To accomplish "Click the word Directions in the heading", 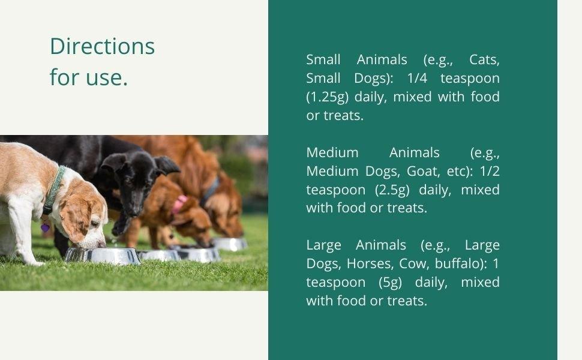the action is pos(102,46).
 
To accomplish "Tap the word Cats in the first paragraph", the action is pos(484,60).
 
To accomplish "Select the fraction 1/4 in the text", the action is pos(417,79).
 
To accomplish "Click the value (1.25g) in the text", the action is pos(328,97).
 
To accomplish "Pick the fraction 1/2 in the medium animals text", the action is pos(490,171).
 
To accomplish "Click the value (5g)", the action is pos(390,283).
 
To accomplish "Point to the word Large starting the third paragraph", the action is pos(323,245).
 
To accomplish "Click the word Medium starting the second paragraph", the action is pos(332,152).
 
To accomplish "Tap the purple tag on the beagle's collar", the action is pos(45,227).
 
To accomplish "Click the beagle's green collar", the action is pos(54,190).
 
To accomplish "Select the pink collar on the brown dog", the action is pos(179,204).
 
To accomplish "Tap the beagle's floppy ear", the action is pos(76,220).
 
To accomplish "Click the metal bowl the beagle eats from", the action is pos(103,256).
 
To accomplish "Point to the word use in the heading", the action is pos(107,77).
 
